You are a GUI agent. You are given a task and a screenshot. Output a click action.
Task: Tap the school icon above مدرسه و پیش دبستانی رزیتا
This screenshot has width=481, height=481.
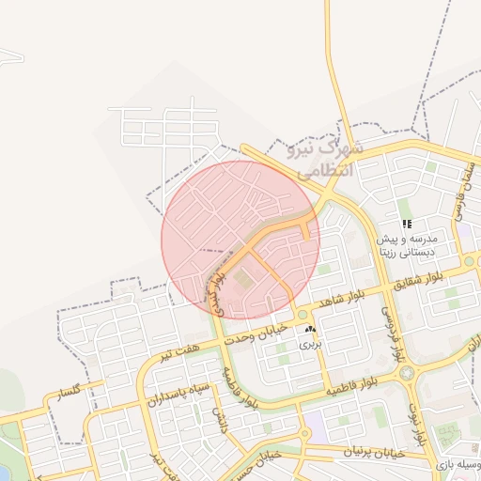pyautogui.click(x=407, y=224)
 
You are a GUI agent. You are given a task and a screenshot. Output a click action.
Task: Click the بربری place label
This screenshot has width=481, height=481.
pyautogui.click(x=310, y=345)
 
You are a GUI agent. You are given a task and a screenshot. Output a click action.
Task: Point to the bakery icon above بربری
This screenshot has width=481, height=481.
pyautogui.click(x=310, y=330)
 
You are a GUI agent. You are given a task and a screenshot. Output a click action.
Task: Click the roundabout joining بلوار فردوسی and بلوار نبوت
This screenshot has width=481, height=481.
pyautogui.click(x=407, y=373)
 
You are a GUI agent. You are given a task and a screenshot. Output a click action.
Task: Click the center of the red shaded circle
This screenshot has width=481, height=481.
pyautogui.click(x=240, y=240)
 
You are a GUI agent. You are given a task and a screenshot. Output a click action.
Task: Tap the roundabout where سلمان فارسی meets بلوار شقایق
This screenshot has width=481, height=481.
pyautogui.click(x=468, y=261)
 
